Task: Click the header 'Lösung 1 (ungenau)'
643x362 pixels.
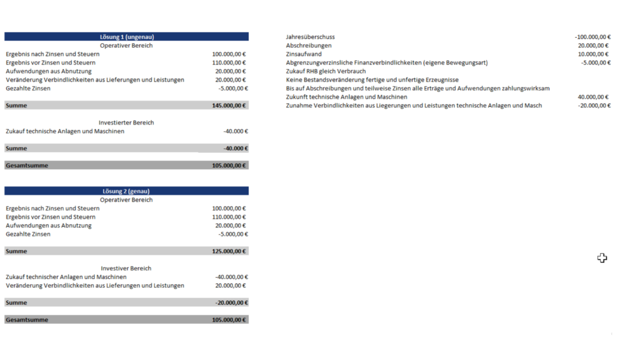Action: coord(126,36)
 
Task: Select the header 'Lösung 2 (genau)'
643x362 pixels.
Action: coord(126,191)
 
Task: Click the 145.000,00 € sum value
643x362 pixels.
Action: coord(230,106)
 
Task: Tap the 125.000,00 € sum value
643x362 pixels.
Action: coord(230,251)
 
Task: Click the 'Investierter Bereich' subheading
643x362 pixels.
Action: coord(126,123)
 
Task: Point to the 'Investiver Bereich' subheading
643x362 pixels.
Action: coord(126,268)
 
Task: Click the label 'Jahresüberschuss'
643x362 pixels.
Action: coord(310,37)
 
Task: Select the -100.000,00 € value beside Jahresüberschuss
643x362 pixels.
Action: coord(592,37)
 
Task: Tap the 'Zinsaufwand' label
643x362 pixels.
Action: coord(303,54)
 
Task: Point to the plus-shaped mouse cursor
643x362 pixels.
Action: coord(602,258)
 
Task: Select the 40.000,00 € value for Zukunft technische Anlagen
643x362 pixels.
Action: coord(594,97)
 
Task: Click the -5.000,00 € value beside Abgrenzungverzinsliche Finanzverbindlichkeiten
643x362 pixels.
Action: coord(595,63)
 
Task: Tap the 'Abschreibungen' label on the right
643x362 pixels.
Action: coord(308,46)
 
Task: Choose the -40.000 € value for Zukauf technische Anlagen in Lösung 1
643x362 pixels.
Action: coord(235,131)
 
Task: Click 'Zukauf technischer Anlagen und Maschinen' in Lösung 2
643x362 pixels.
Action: coord(66,277)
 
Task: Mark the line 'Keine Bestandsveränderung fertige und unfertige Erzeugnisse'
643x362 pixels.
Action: coord(372,80)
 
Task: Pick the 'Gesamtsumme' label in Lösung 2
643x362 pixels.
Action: coord(26,320)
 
